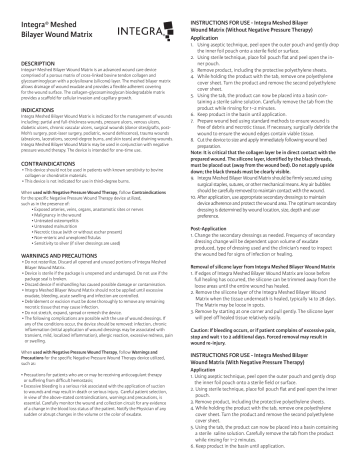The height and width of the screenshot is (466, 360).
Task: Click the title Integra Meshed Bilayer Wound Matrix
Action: [50, 27]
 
